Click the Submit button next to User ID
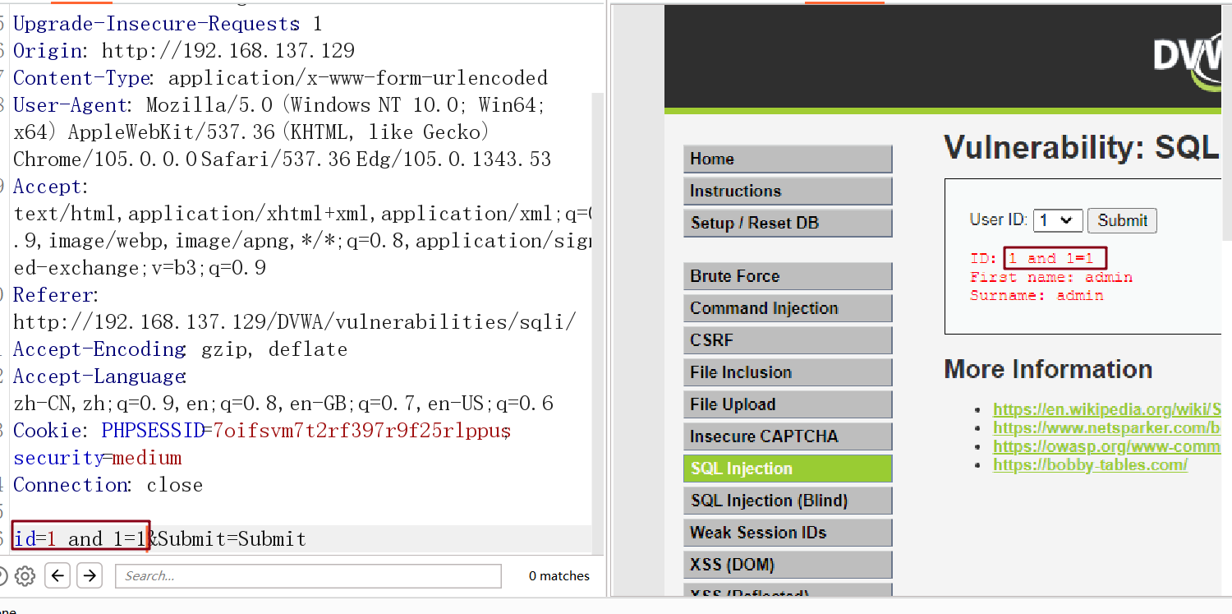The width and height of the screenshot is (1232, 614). [1122, 220]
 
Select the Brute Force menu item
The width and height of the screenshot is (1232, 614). [787, 276]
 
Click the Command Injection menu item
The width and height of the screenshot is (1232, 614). [787, 308]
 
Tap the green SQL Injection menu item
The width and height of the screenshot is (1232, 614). [787, 469]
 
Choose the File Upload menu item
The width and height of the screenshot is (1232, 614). [787, 404]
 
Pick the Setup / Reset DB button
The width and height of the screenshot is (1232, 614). [787, 223]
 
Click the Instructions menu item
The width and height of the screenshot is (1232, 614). [787, 191]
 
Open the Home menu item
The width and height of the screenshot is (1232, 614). [787, 159]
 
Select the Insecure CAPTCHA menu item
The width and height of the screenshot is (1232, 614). [787, 436]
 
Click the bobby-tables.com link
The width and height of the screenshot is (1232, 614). [1090, 465]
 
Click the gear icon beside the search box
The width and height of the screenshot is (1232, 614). [25, 575]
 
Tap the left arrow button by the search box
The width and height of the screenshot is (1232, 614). [57, 575]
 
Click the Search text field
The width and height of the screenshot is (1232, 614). [308, 576]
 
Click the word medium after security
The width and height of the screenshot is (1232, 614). [147, 458]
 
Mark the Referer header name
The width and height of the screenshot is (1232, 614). [54, 295]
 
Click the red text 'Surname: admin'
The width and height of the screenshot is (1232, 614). [1037, 295]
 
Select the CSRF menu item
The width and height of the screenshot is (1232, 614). [787, 340]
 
